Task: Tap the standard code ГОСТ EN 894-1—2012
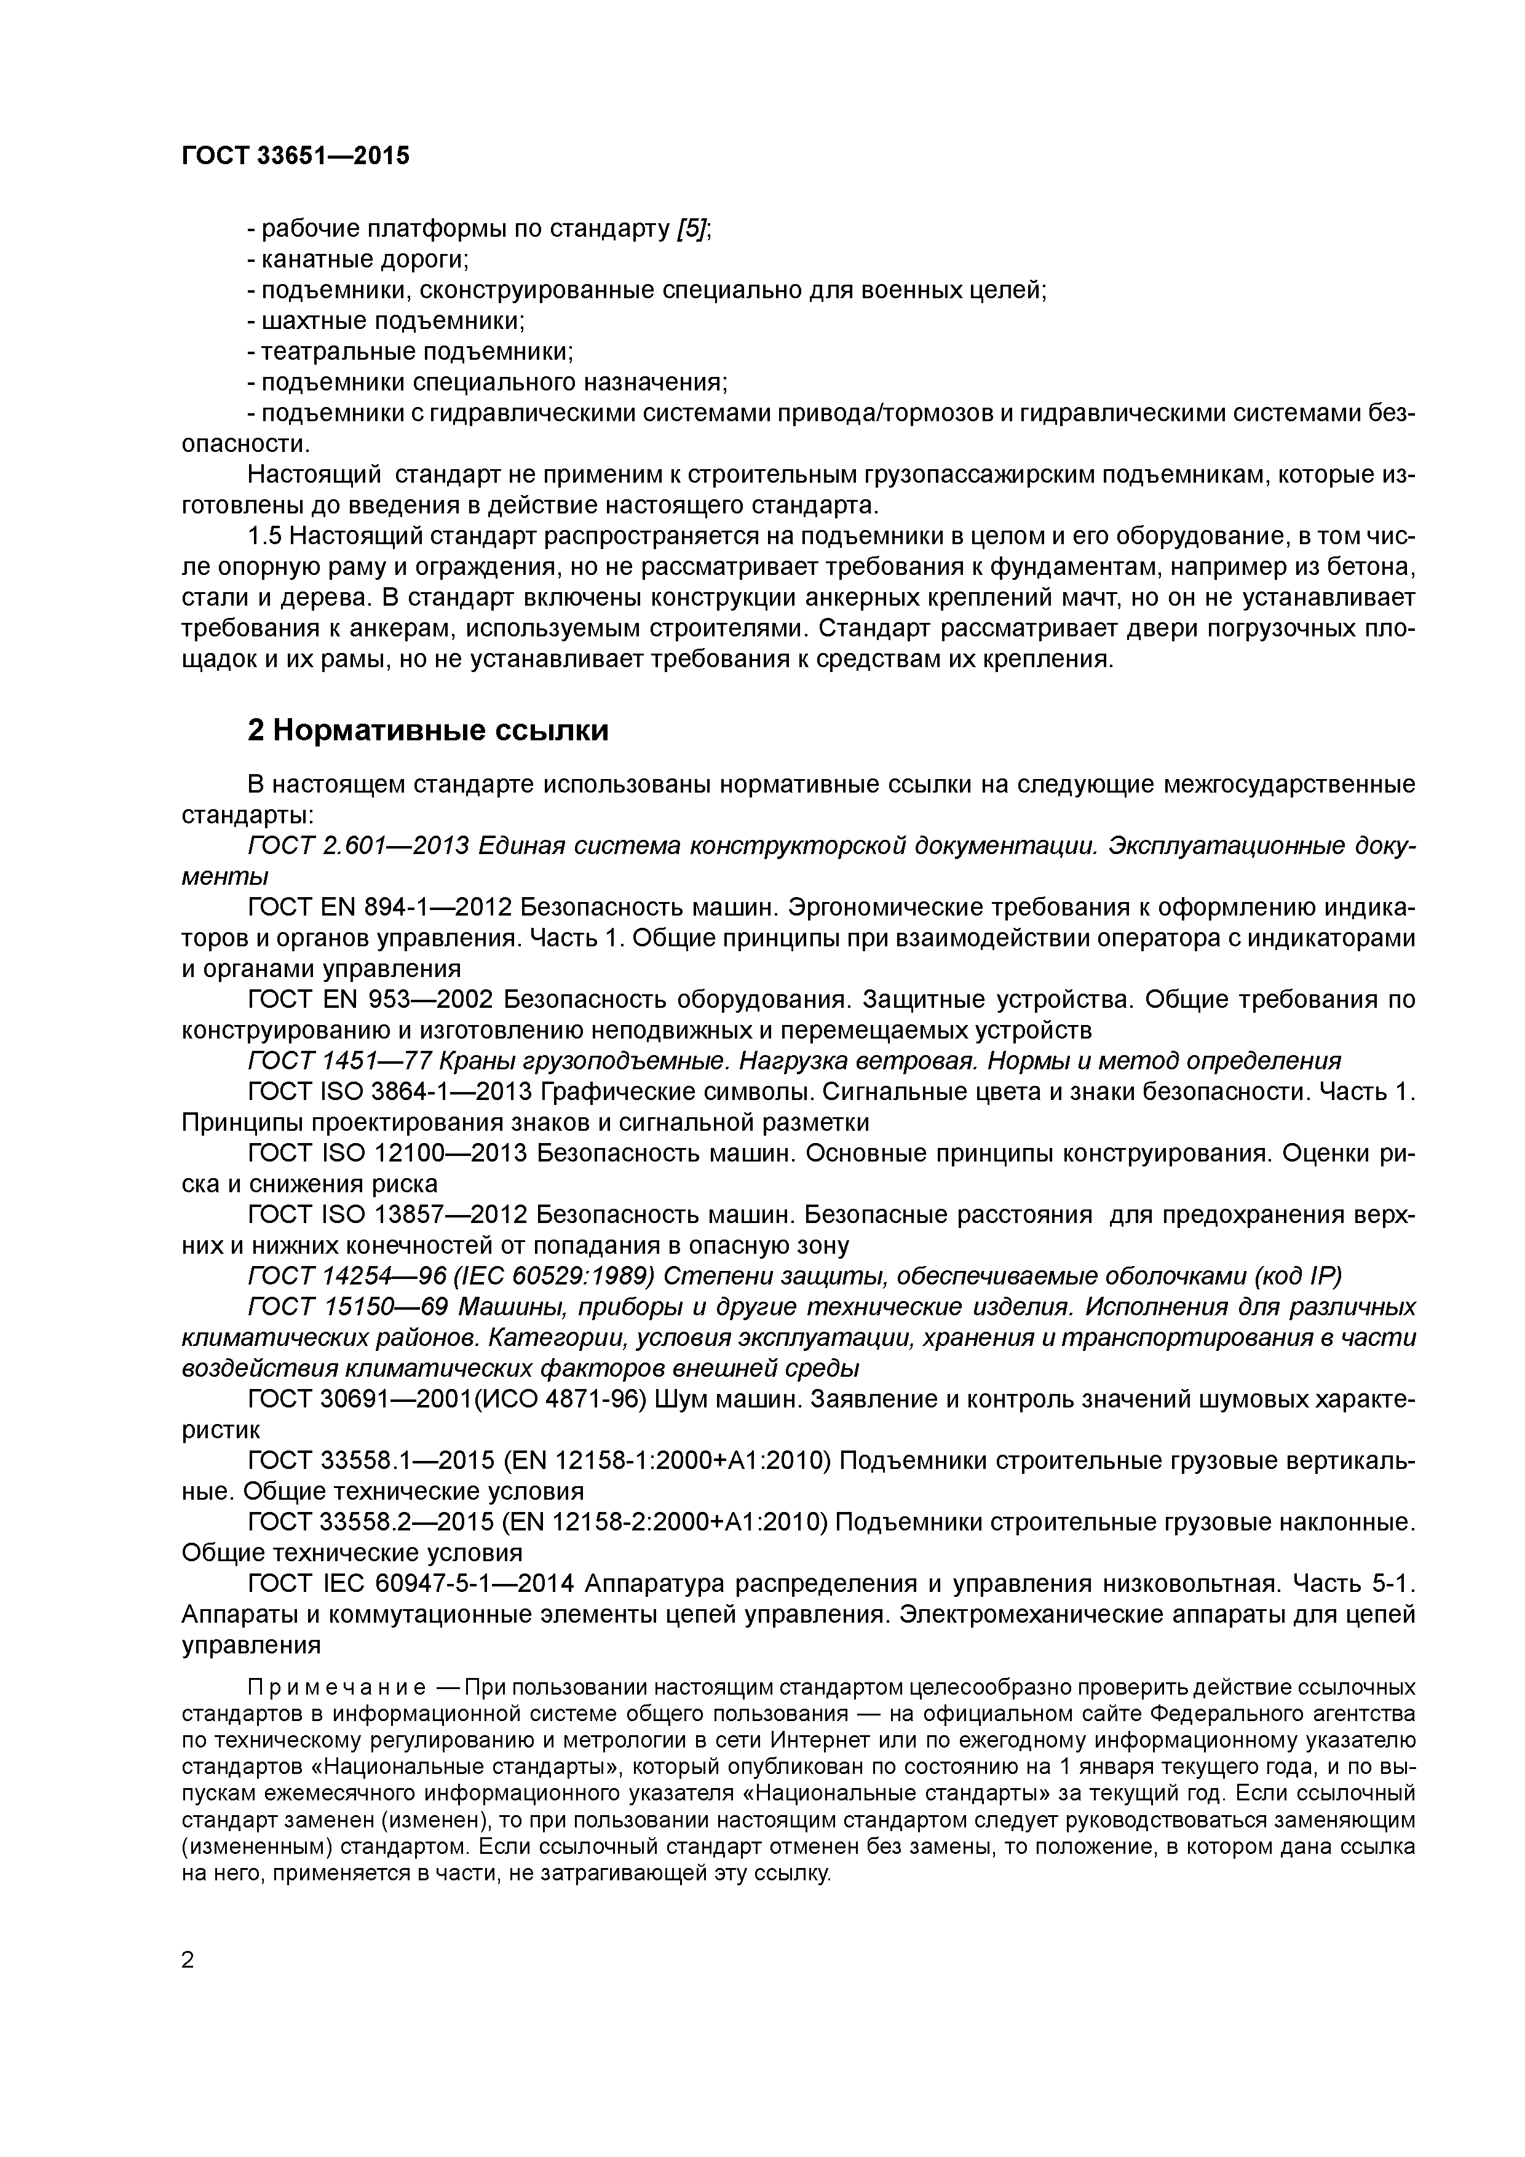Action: (x=379, y=908)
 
